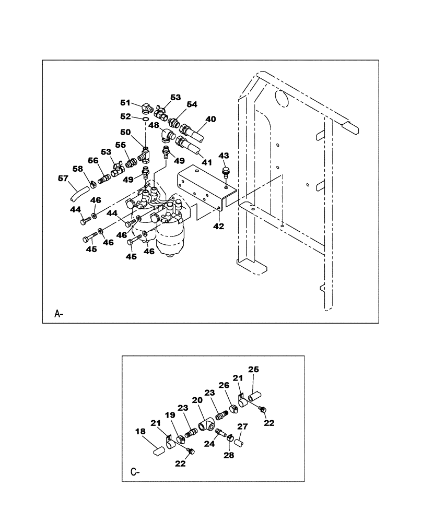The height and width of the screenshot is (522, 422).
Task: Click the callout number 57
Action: pos(63,179)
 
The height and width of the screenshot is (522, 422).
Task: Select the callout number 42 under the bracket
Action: pos(218,227)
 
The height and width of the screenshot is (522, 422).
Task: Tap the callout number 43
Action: pos(224,156)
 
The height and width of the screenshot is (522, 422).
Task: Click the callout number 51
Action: pos(126,103)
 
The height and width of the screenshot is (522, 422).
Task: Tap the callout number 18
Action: pos(141,432)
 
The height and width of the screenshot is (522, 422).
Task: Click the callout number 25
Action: pos(253,370)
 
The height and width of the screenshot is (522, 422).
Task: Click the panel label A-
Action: pos(59,314)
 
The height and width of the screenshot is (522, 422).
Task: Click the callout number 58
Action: pos(78,169)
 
